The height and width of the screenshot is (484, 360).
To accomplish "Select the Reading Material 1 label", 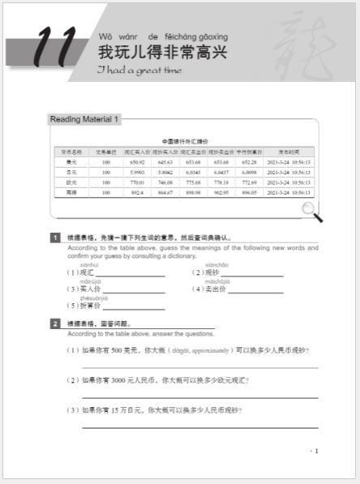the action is [84, 120].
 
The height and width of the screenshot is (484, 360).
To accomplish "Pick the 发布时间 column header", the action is [289, 152].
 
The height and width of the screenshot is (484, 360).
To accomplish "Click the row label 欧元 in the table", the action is [71, 182].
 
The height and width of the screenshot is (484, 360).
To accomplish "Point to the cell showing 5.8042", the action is [164, 172].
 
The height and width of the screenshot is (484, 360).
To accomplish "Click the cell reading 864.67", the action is [164, 192].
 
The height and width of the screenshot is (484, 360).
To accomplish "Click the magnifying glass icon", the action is [311, 212].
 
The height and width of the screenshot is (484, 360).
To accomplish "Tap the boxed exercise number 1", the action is [55, 238].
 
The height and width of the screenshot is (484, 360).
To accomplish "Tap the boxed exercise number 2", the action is [55, 323].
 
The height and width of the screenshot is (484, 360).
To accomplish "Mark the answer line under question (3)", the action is [199, 426].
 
